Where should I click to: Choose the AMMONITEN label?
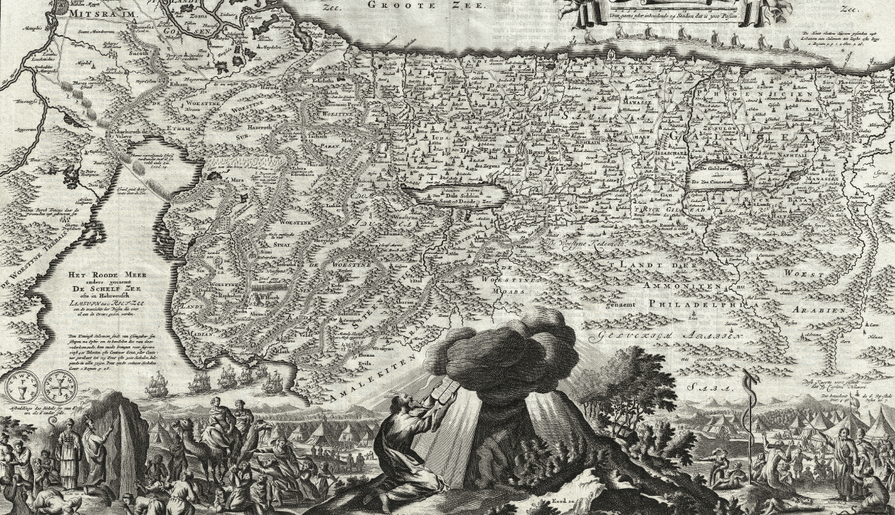tap(684, 286)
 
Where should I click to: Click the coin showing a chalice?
tap(19, 389)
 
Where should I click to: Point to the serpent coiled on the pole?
tap(746, 410)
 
